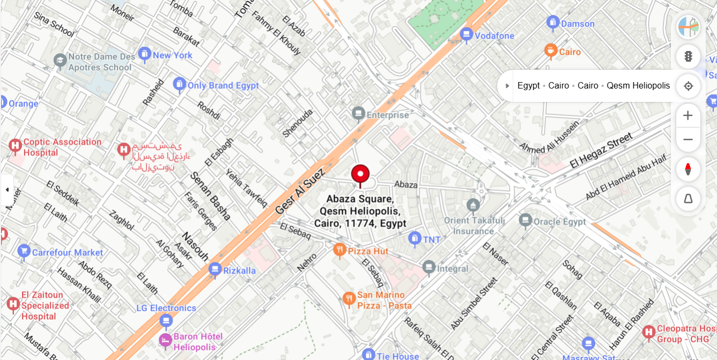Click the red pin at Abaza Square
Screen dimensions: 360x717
tap(360, 174)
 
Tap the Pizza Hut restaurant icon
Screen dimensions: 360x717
tap(339, 250)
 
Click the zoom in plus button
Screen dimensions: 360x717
tap(688, 115)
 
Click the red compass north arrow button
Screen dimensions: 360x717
tap(688, 170)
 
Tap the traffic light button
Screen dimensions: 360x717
tap(688, 56)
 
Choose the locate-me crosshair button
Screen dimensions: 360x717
tap(688, 86)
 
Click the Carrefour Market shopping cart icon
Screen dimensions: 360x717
tap(24, 251)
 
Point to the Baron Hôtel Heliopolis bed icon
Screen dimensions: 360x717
tap(166, 340)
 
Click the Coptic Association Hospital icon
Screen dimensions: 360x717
tap(15, 145)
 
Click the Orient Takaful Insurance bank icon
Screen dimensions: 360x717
tap(473, 205)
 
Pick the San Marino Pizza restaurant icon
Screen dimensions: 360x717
tap(349, 298)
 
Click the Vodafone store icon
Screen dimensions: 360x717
tap(466, 35)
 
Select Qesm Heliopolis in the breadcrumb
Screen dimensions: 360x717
tap(638, 86)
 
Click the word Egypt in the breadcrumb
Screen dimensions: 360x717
tap(528, 86)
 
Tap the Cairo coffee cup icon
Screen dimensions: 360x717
tap(550, 51)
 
